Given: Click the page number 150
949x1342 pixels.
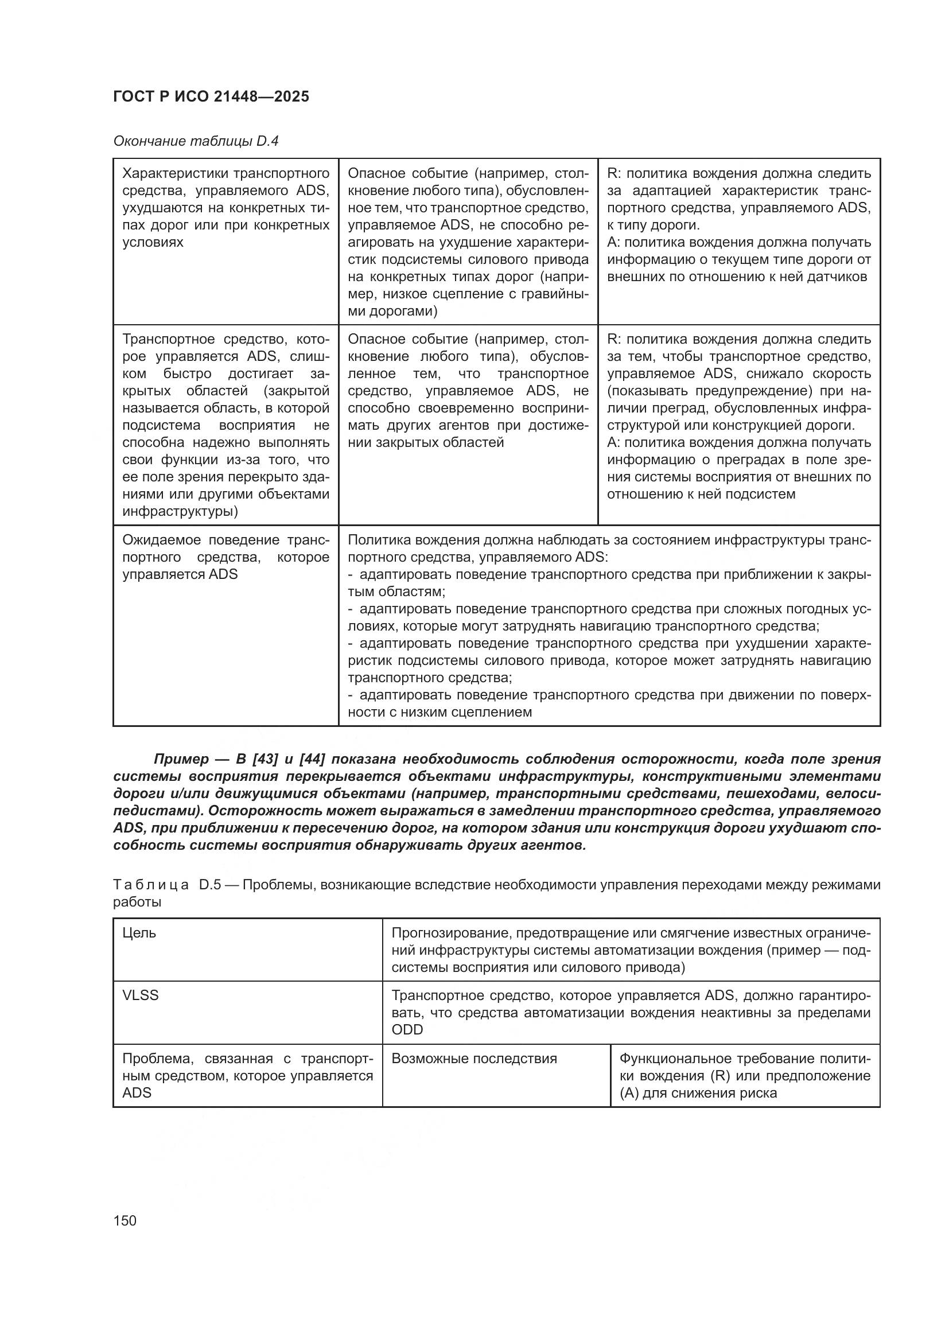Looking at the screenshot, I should [125, 1220].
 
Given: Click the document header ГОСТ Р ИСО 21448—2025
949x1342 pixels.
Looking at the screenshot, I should [211, 97].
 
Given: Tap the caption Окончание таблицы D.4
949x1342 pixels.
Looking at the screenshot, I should [196, 142].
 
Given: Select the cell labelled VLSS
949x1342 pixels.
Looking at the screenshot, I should [140, 995].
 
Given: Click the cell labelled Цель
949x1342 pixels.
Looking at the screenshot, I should [139, 933].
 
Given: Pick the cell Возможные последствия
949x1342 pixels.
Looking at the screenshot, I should [474, 1059].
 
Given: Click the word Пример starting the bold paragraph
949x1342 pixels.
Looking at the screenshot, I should [181, 759].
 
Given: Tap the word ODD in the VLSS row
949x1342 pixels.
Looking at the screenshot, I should [407, 1030].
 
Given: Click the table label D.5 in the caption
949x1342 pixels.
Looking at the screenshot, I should [209, 885].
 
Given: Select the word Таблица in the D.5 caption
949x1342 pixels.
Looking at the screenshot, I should [151, 885].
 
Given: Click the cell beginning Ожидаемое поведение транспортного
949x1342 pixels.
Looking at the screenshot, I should [225, 557].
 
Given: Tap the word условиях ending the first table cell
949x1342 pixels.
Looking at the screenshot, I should [153, 243].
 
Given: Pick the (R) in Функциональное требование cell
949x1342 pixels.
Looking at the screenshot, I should [719, 1076].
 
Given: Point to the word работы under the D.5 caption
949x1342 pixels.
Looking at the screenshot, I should [137, 902].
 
